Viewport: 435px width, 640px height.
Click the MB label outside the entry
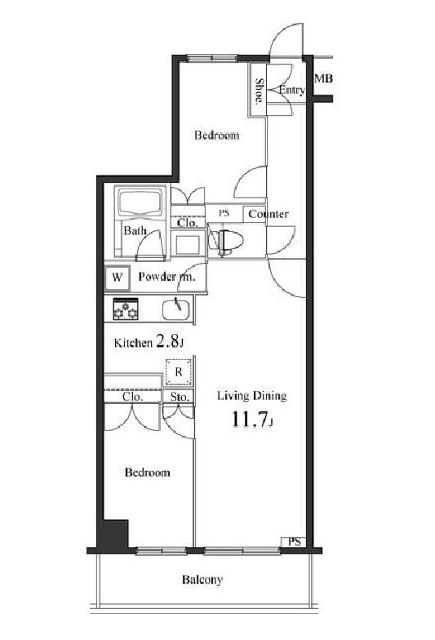(x=323, y=78)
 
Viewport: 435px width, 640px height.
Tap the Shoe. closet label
(x=259, y=91)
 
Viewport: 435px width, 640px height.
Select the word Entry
(x=292, y=90)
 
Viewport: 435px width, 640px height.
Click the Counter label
(x=269, y=214)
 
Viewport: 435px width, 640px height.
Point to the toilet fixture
(x=225, y=241)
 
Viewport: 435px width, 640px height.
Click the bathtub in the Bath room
(x=140, y=202)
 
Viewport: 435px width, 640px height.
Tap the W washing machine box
(x=118, y=278)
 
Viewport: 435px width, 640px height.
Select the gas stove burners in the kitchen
(x=126, y=309)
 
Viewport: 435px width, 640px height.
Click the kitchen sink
(x=176, y=310)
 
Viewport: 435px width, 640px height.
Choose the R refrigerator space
(x=178, y=372)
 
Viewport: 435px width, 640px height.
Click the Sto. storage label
(x=180, y=397)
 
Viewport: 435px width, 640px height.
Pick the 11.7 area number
(x=250, y=420)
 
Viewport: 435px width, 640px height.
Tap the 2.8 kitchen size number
(x=167, y=341)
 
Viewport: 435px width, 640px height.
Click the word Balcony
(x=202, y=580)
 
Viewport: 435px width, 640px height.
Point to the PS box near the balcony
(x=294, y=542)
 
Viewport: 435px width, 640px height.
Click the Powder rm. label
(x=166, y=277)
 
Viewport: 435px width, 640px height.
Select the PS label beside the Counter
(x=224, y=213)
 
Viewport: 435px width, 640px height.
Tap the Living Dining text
(x=251, y=396)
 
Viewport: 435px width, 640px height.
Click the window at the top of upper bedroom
(x=212, y=57)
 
